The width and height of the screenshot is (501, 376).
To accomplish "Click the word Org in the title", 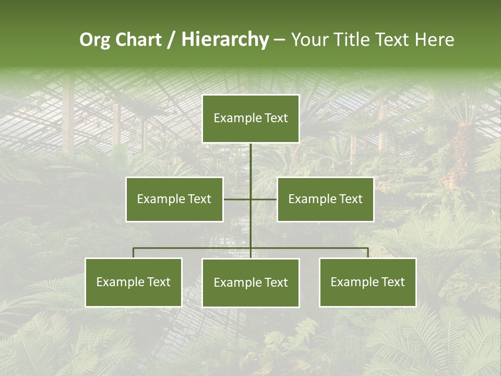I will tap(96, 40).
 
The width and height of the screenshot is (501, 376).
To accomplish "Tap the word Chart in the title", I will tap(138, 40).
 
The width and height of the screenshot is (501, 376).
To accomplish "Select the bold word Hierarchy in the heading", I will tap(225, 40).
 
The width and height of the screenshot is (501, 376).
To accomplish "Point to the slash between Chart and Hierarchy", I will tap(171, 40).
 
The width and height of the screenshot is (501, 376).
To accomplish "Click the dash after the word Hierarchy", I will tap(279, 40).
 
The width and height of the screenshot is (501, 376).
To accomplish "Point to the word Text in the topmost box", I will tap(276, 119).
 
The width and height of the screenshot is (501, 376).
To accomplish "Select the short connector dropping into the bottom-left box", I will tap(134, 253).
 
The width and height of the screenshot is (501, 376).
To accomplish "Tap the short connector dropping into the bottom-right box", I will tap(368, 253).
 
